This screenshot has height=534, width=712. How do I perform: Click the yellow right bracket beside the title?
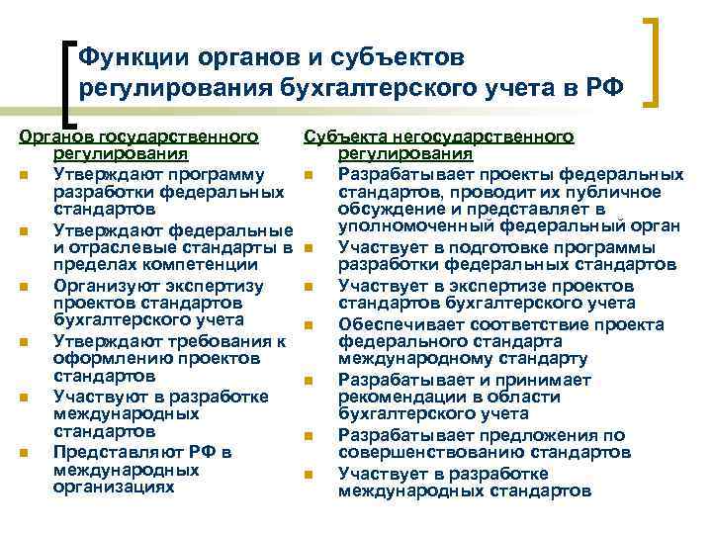655,61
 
